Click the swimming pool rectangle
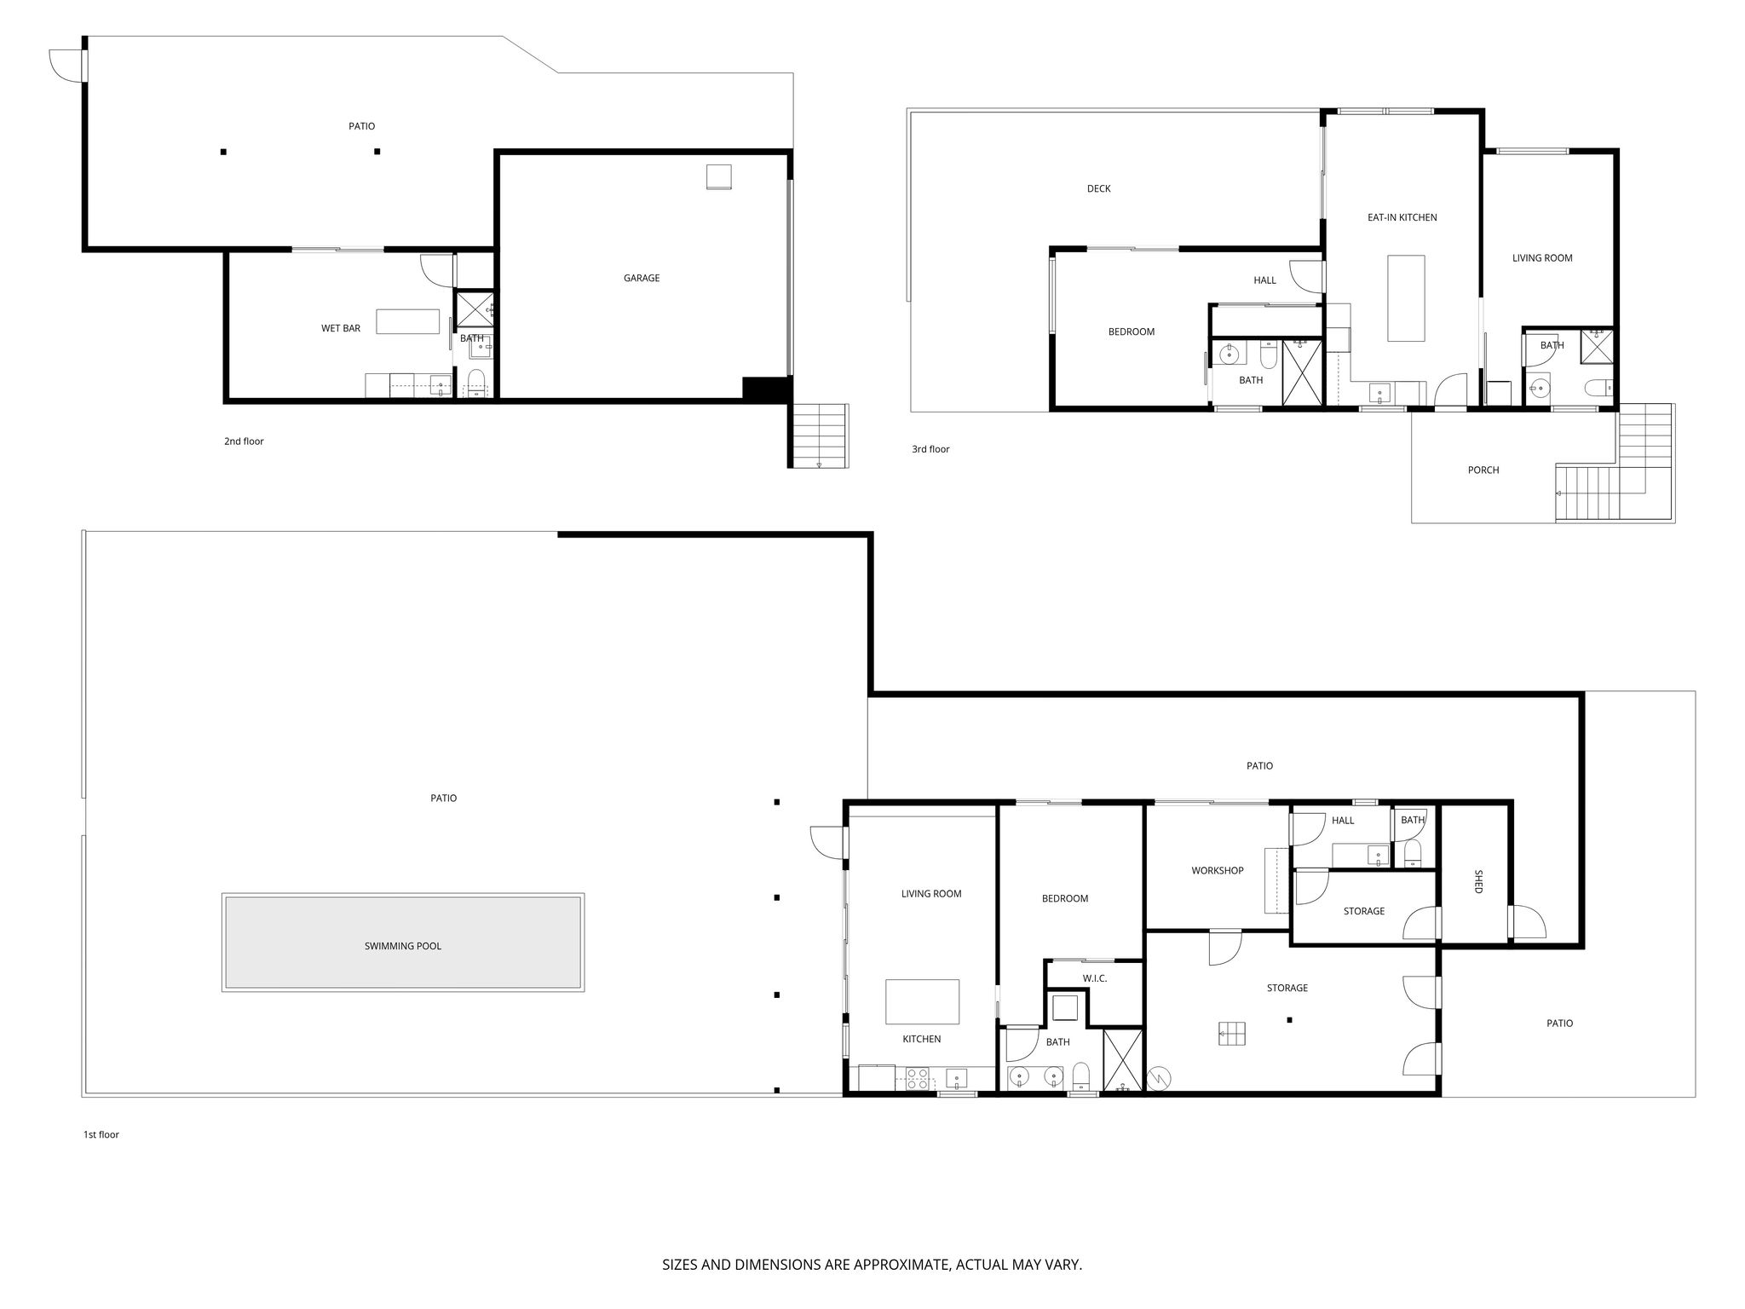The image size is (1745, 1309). click(403, 942)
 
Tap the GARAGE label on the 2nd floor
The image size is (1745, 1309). click(642, 278)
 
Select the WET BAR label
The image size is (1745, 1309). click(341, 328)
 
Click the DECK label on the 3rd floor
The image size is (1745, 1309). click(1098, 188)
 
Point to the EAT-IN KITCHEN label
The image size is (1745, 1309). click(1402, 217)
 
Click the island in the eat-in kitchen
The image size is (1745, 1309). click(1406, 298)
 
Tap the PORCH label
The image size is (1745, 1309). click(1483, 470)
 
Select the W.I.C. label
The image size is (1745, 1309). click(1095, 978)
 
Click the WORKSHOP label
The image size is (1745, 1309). click(1217, 870)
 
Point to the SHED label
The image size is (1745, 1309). click(1478, 881)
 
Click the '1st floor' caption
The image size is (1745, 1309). click(101, 1134)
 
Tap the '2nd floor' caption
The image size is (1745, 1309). click(244, 441)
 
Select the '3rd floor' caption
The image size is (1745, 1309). click(930, 449)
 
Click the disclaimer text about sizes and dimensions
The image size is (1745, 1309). click(872, 1265)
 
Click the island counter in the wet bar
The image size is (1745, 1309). click(408, 321)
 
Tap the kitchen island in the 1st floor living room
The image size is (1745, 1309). click(922, 1001)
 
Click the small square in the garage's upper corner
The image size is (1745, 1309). click(718, 176)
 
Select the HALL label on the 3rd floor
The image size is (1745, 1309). click(1264, 280)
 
